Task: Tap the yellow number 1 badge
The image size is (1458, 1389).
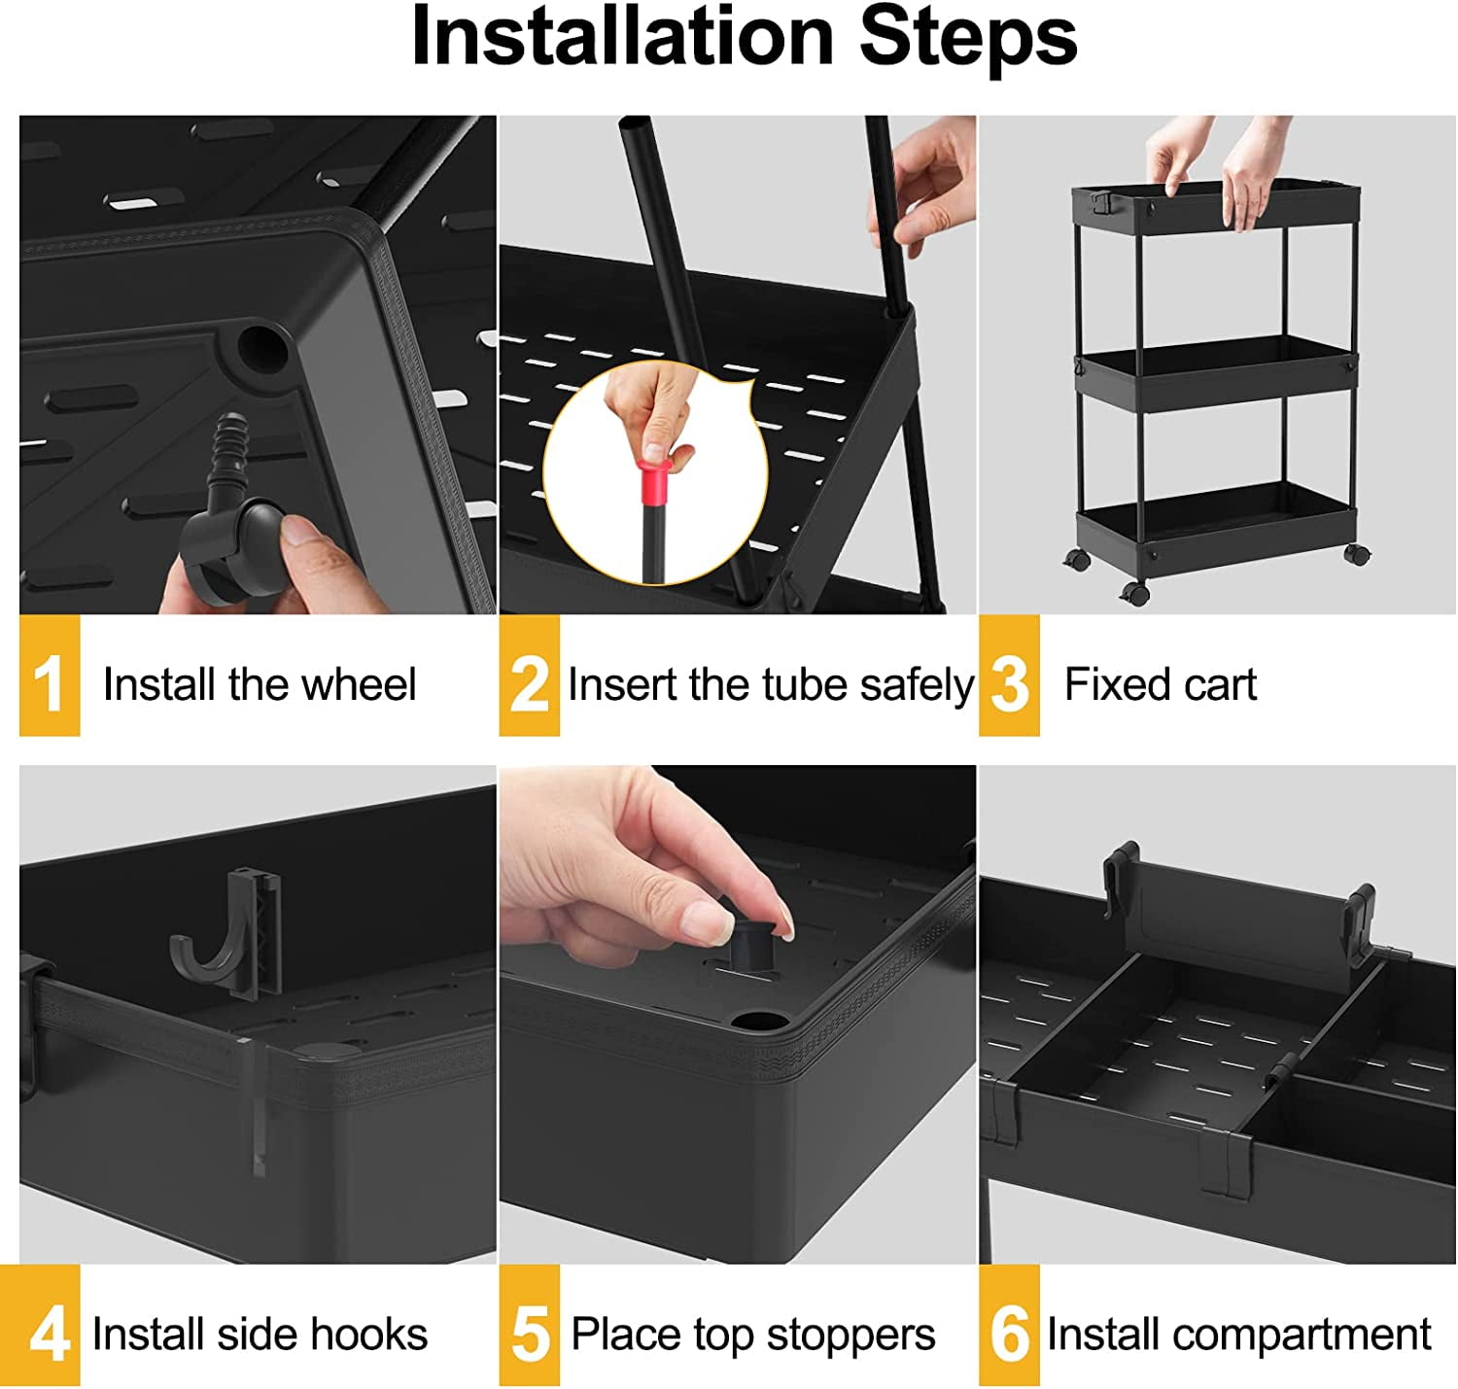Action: pyautogui.click(x=49, y=681)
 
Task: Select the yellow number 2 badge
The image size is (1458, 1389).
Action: pyautogui.click(x=529, y=681)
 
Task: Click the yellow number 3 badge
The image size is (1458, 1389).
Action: pyautogui.click(x=1009, y=681)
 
